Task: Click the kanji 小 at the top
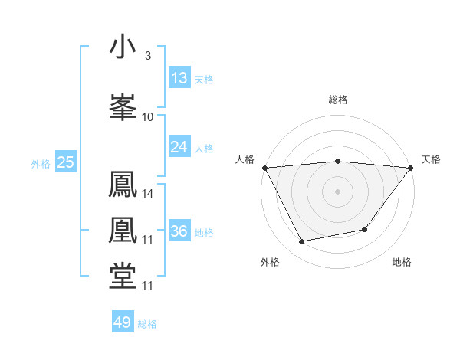(x=123, y=47)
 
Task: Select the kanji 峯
(x=123, y=107)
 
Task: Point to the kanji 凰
(x=123, y=231)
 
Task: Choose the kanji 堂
(x=123, y=277)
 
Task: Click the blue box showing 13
(x=179, y=78)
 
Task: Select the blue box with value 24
(x=179, y=147)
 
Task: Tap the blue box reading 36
(x=179, y=231)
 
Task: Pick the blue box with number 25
(x=65, y=162)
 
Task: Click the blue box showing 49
(x=123, y=322)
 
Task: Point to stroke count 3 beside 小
(x=147, y=56)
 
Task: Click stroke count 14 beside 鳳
(x=148, y=194)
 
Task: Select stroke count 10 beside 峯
(x=148, y=117)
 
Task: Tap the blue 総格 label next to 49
(x=147, y=324)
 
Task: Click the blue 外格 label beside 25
(x=40, y=163)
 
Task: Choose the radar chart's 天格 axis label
(x=432, y=159)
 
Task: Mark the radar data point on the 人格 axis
(x=264, y=167)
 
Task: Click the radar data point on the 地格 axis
(x=365, y=228)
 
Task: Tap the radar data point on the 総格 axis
(x=337, y=161)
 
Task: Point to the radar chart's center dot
(x=337, y=191)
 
